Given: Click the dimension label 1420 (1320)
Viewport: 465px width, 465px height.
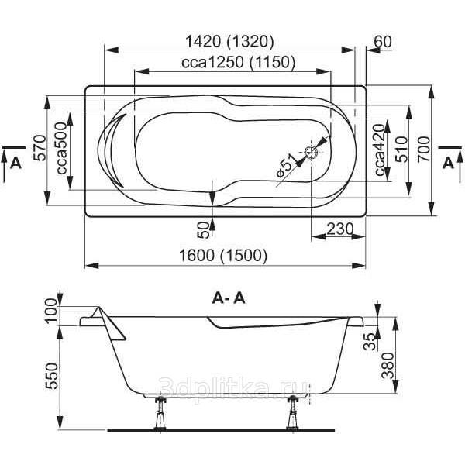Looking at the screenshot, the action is coord(229,41).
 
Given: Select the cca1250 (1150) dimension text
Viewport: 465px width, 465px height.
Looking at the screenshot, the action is coord(239,63).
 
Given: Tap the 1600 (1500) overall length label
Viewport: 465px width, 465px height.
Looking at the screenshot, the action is coord(223,255).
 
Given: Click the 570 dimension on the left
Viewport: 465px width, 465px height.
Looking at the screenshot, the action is coord(40,148).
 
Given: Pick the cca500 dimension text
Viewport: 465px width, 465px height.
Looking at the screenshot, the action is coord(62,148).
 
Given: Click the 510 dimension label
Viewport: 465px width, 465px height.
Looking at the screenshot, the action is coord(401,149).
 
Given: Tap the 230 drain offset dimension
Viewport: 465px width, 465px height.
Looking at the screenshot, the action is coord(340,229).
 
